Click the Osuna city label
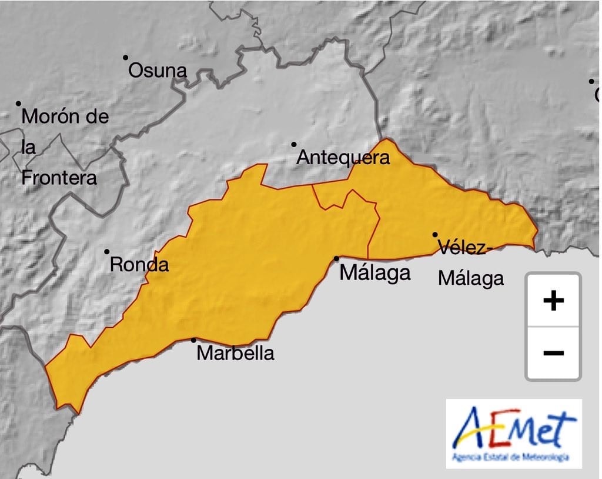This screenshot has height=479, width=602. (158, 71)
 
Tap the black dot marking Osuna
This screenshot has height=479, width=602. (125, 58)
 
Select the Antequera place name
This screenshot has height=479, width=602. (343, 158)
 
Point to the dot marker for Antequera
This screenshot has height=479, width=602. (294, 144)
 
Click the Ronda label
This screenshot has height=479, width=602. (139, 265)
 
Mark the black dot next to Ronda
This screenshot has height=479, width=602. (107, 251)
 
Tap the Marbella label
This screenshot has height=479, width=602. (235, 353)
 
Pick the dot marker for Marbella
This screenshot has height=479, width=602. (193, 340)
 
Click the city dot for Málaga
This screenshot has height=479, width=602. (337, 258)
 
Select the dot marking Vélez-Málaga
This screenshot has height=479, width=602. (435, 234)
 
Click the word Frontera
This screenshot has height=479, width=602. (59, 178)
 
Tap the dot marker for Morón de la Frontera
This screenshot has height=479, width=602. (18, 103)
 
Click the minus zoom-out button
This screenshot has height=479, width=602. (553, 352)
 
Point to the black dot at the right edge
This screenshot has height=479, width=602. (591, 81)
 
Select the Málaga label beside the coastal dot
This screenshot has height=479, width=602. (375, 273)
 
